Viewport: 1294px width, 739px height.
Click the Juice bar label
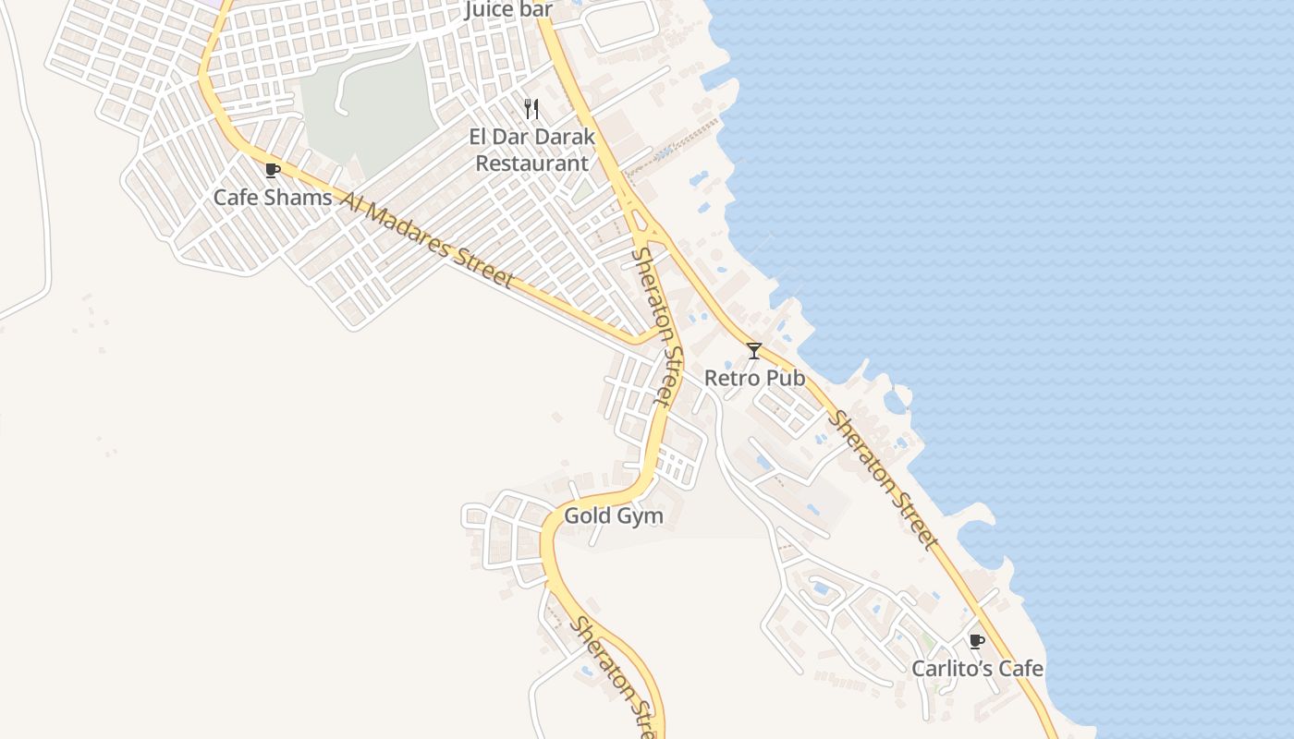(508, 10)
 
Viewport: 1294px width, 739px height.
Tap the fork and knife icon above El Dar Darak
(531, 109)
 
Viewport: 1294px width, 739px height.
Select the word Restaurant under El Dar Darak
(531, 164)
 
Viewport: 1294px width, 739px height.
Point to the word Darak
(562, 137)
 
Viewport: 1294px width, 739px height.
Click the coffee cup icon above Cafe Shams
(272, 170)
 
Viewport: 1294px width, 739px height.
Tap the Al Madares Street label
(426, 239)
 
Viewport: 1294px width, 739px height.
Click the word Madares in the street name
(414, 234)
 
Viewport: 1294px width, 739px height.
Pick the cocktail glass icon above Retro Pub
(754, 351)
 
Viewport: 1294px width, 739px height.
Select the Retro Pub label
(754, 378)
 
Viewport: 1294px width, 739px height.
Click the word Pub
(786, 378)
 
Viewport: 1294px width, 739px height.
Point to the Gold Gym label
(614, 515)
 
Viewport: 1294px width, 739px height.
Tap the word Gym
(640, 515)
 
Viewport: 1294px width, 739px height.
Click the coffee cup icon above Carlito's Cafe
(976, 641)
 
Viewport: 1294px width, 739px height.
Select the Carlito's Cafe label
(977, 668)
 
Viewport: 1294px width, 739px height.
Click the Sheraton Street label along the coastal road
(884, 480)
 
